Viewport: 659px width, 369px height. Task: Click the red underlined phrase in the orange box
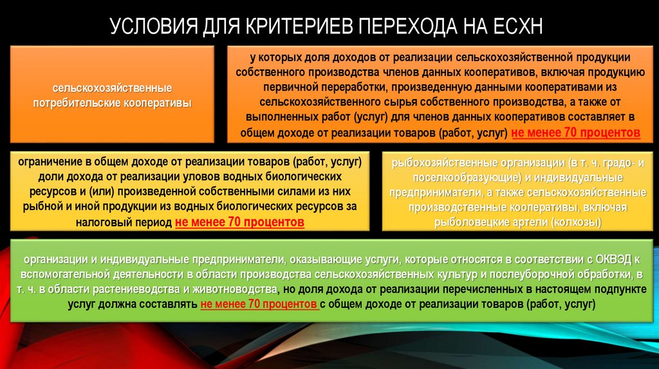click(575, 133)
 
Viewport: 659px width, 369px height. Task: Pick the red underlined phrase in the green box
click(259, 305)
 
